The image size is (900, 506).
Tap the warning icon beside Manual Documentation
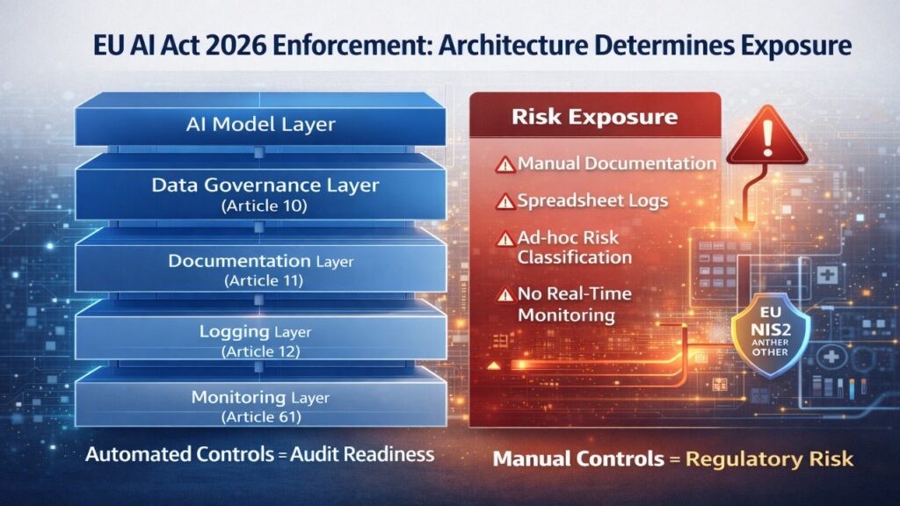click(x=504, y=164)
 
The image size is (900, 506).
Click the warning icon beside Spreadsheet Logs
click(x=504, y=201)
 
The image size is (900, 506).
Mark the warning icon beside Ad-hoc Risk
click(x=504, y=238)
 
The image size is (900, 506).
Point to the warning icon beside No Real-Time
click(x=504, y=294)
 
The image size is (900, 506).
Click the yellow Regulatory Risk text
click(x=769, y=459)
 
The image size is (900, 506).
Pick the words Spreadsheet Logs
click(x=592, y=201)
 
